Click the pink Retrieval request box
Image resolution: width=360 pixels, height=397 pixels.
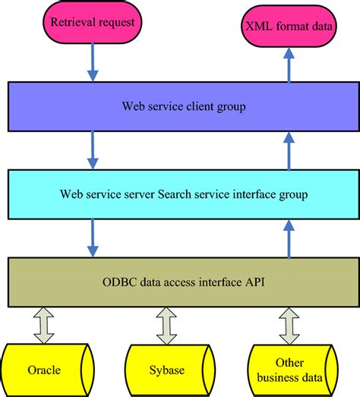pyautogui.click(x=93, y=22)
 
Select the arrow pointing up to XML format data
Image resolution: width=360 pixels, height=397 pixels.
pyautogui.click(x=287, y=64)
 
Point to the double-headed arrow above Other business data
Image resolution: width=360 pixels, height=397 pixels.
pyautogui.click(x=289, y=325)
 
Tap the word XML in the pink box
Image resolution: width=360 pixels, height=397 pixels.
pyautogui.click(x=256, y=25)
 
